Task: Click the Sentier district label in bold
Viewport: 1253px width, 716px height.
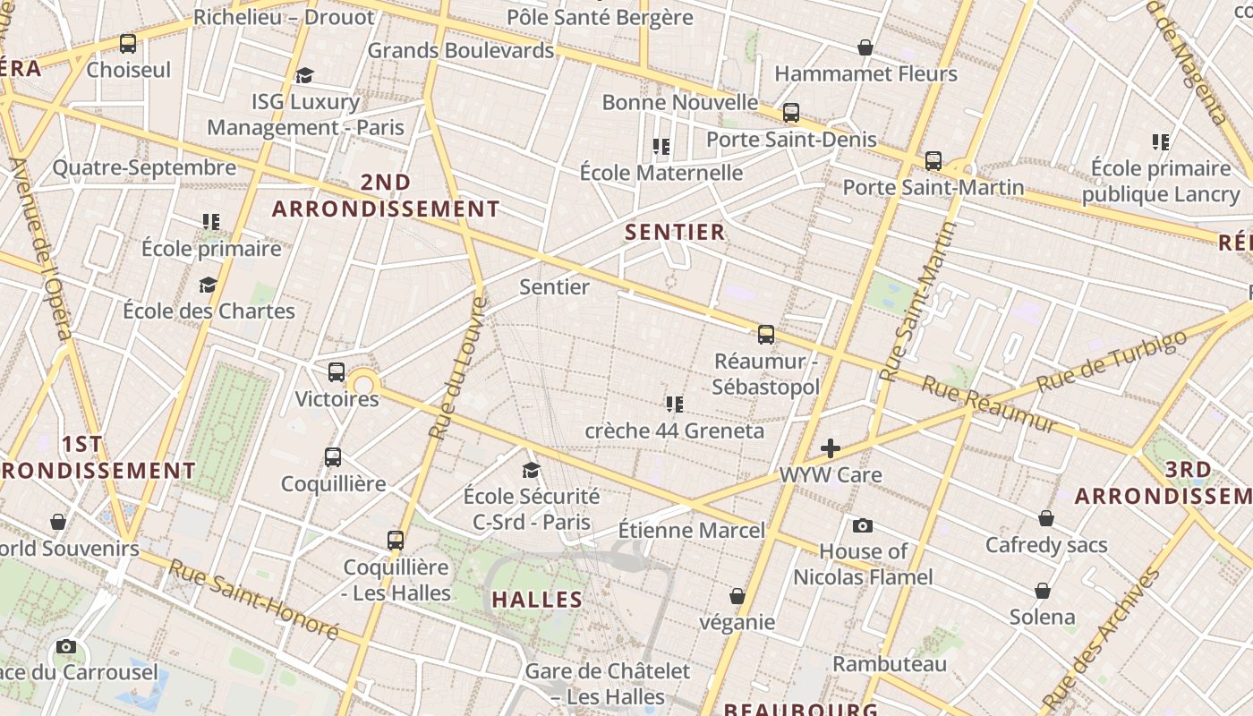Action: click(675, 233)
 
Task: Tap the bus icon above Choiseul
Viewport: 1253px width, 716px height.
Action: click(128, 44)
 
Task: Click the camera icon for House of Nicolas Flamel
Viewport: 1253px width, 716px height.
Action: click(863, 525)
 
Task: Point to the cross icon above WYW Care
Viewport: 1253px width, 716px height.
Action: click(831, 448)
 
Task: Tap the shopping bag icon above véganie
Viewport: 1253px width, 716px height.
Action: click(737, 596)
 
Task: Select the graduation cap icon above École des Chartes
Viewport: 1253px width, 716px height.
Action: click(209, 286)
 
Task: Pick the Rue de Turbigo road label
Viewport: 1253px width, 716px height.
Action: click(1112, 361)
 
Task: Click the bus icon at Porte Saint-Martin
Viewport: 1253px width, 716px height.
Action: click(933, 161)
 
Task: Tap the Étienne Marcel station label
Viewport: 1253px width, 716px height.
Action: click(692, 530)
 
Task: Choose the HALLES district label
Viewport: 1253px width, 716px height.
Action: click(537, 600)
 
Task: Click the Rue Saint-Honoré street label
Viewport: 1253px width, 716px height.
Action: click(254, 600)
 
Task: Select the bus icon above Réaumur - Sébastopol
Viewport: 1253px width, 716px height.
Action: click(766, 335)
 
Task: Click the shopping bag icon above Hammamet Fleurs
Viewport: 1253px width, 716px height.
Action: click(865, 47)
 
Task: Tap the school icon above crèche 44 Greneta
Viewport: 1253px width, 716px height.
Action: click(675, 405)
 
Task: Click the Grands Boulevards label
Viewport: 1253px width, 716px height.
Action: click(461, 50)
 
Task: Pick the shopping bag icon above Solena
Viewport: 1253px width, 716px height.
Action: click(1043, 591)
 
